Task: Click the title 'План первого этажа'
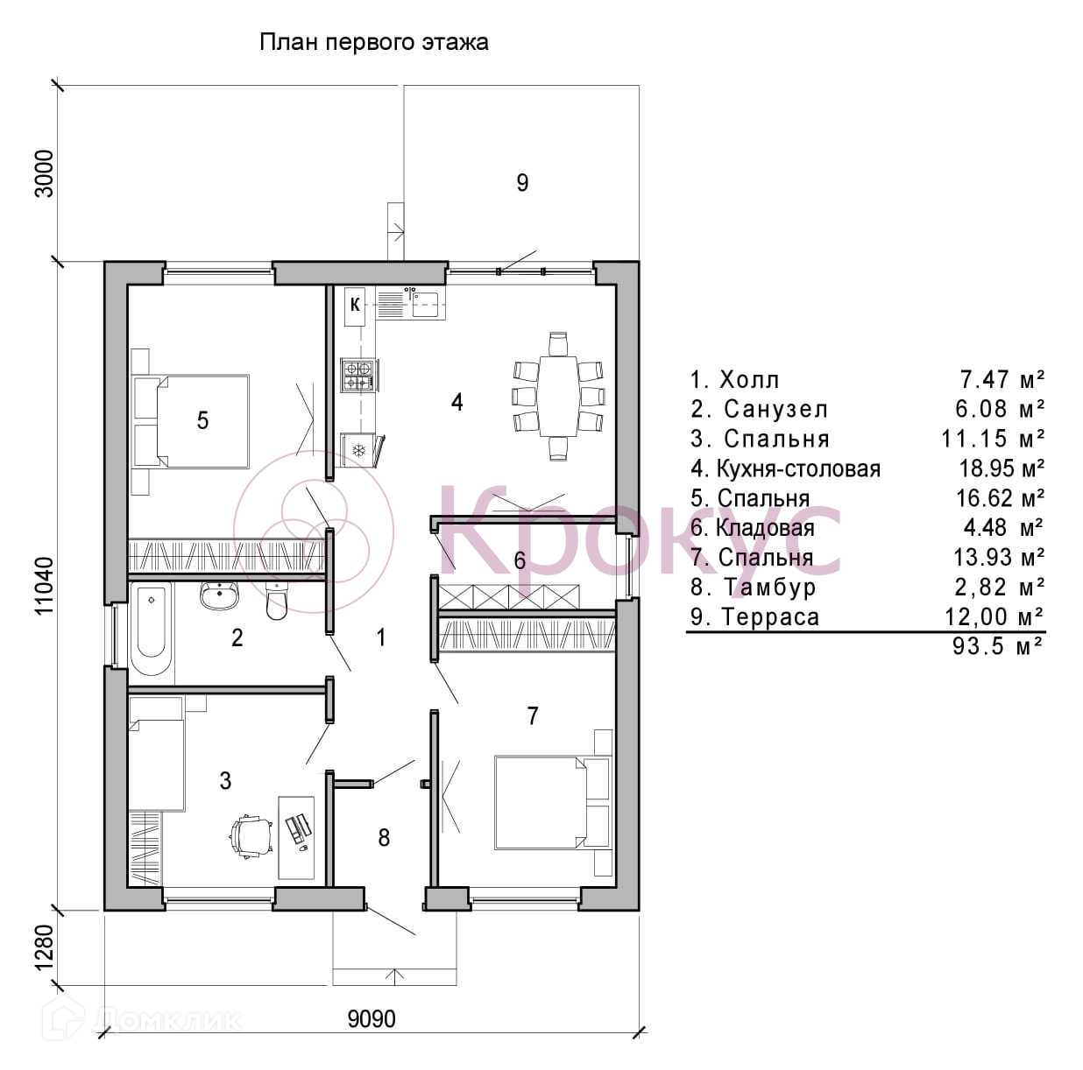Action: pos(374,43)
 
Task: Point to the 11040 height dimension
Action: pos(46,585)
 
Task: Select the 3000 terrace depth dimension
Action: pos(45,173)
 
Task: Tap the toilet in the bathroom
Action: pos(276,601)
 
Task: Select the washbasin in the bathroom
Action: pos(220,596)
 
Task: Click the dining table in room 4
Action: pos(558,396)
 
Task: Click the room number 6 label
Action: pos(520,560)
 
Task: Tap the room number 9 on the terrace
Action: pos(522,182)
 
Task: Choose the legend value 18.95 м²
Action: pos(1002,468)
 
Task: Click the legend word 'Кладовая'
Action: pos(766,527)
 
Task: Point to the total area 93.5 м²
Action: pos(999,646)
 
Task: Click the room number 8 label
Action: pos(384,838)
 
